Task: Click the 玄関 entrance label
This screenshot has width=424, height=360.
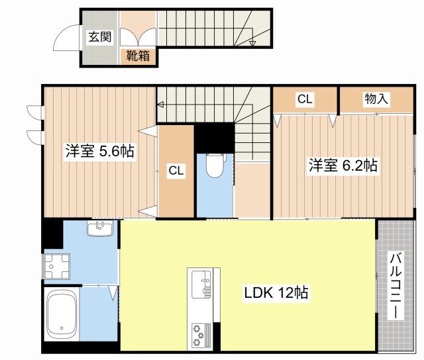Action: coord(101,36)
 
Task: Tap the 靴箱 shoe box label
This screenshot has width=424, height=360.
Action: coord(139,56)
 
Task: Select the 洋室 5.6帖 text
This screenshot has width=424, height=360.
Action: coord(99,152)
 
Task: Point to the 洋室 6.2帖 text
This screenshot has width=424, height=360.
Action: coord(343,165)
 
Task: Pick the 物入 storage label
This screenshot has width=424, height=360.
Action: coord(376,99)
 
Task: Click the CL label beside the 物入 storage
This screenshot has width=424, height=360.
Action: coord(304,99)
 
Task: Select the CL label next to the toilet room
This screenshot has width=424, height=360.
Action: coord(176,171)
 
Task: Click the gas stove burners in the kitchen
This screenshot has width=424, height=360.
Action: coord(200,334)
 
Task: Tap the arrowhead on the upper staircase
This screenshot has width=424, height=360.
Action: coord(252,44)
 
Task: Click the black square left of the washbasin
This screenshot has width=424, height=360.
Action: coord(52,234)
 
